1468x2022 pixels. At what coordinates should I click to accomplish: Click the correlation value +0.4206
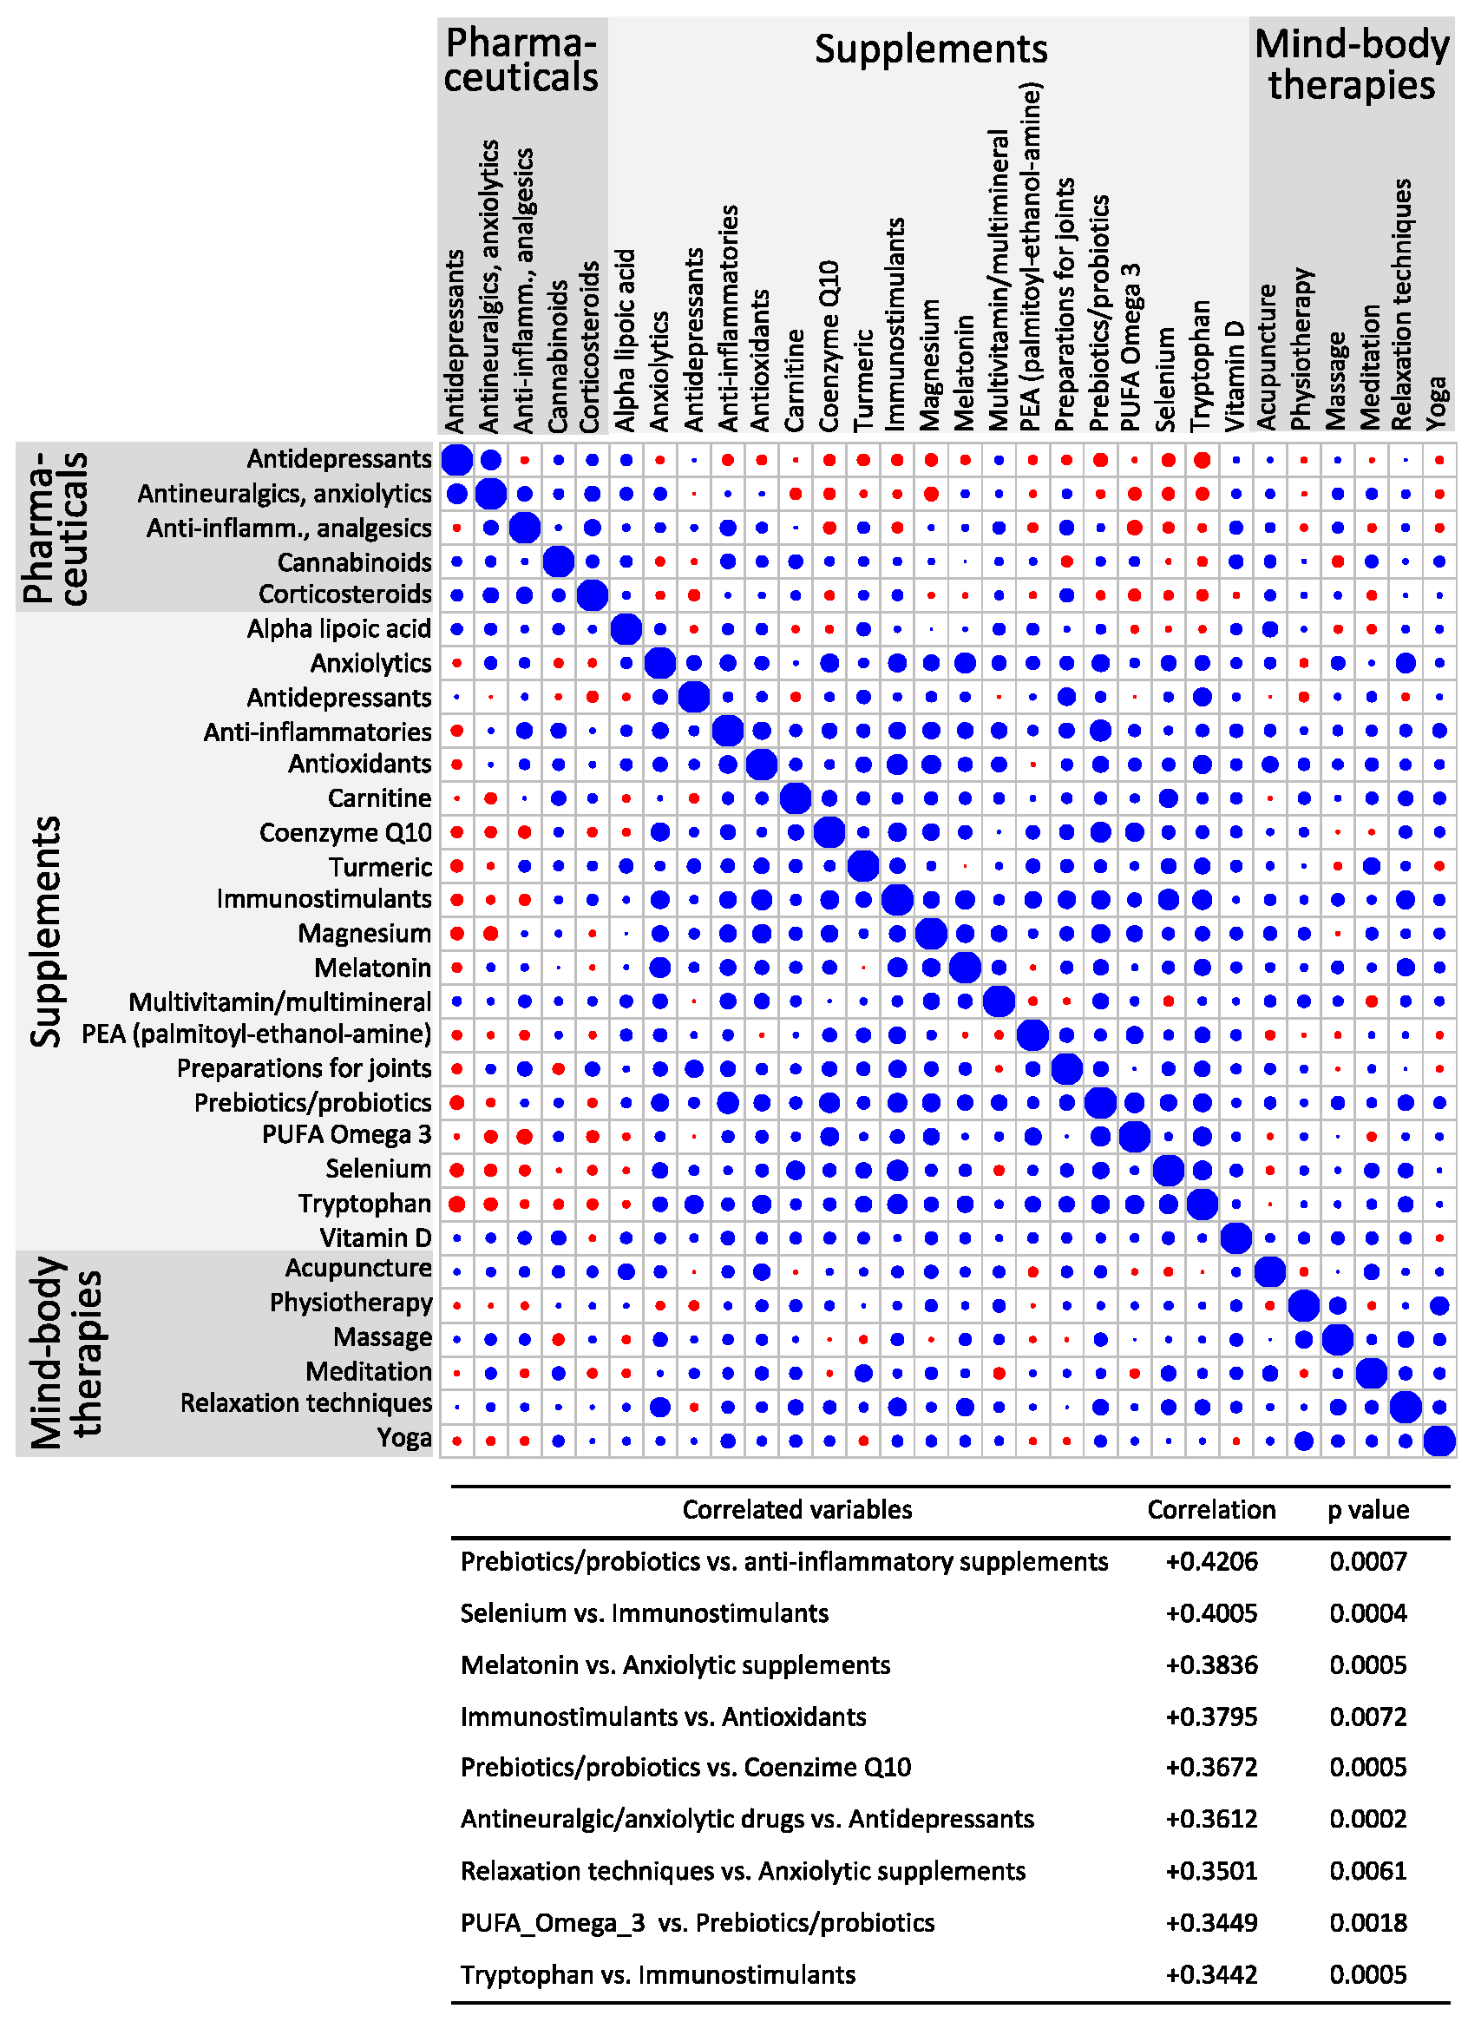(x=1211, y=1562)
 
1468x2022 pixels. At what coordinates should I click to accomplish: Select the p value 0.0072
(x=1367, y=1717)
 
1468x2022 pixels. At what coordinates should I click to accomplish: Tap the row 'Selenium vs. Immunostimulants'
(x=645, y=1613)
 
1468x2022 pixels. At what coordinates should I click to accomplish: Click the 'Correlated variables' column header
(x=796, y=1510)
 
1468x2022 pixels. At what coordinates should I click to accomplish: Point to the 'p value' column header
(x=1367, y=1510)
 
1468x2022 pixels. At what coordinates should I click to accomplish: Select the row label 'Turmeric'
(x=380, y=867)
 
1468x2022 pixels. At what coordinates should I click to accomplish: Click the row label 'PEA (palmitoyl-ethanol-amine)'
(x=257, y=1034)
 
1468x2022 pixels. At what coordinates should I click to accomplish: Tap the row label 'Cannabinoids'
(x=354, y=562)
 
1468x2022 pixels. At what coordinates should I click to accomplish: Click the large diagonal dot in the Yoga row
(x=1439, y=1441)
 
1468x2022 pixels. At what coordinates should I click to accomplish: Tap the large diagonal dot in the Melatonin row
(x=965, y=968)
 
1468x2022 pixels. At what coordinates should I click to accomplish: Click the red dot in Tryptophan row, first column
(x=456, y=1205)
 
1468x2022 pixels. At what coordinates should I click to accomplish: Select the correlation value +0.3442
(x=1211, y=1975)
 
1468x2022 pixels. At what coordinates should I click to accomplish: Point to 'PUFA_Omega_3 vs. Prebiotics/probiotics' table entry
(x=697, y=1923)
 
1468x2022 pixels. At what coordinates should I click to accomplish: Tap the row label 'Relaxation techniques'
(x=305, y=1404)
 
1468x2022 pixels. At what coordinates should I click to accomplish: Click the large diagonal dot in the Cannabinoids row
(x=558, y=562)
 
